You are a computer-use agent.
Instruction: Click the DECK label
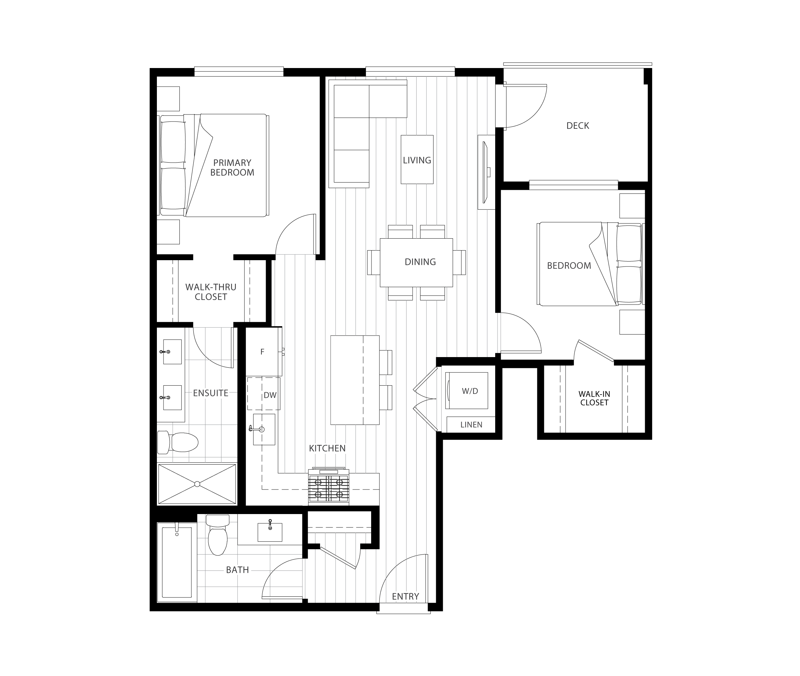[x=577, y=126]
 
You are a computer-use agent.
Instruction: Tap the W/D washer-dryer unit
[x=466, y=391]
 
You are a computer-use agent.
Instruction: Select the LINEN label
[x=471, y=424]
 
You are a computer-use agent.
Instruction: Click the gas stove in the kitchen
[x=329, y=486]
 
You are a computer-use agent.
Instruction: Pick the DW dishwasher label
[x=270, y=395]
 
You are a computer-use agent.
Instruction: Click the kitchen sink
[x=264, y=429]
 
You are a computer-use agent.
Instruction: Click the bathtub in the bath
[x=176, y=562]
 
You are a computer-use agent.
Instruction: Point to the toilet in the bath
[x=217, y=535]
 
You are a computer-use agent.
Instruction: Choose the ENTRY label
[x=405, y=596]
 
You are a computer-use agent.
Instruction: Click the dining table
[x=416, y=263]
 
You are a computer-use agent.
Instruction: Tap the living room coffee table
[x=417, y=159]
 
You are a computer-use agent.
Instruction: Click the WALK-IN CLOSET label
[x=594, y=398]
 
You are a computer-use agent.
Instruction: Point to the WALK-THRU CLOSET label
[x=211, y=292]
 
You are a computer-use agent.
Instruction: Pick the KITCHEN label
[x=327, y=448]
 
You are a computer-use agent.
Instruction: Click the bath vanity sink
[x=270, y=531]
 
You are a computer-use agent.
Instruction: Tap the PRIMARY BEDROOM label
[x=232, y=168]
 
